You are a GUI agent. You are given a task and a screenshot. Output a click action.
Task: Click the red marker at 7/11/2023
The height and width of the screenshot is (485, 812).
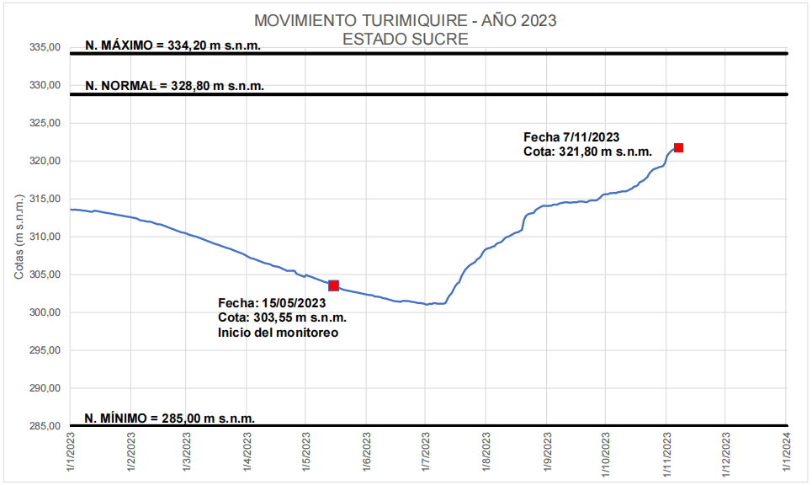[678, 148]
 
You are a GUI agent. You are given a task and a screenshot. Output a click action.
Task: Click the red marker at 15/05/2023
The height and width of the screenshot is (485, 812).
[334, 286]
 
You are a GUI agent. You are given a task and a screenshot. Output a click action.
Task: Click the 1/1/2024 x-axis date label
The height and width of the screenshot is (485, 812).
[786, 452]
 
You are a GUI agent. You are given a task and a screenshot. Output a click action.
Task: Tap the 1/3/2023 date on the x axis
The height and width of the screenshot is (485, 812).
[186, 452]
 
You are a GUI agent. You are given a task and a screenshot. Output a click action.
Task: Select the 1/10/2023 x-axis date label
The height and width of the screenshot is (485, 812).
[606, 452]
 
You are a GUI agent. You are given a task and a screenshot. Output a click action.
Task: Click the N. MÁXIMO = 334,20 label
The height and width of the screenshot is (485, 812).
[172, 45]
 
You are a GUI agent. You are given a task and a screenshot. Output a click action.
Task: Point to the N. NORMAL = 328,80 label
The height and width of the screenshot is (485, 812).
[174, 86]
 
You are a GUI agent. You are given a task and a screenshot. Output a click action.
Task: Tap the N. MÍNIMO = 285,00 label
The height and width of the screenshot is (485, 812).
[169, 418]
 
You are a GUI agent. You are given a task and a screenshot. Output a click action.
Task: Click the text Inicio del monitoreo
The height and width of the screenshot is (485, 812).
[278, 333]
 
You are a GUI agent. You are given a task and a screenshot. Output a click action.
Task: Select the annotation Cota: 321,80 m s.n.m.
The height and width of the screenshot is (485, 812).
[587, 152]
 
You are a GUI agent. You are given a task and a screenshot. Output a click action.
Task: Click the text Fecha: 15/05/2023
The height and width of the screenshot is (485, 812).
[271, 303]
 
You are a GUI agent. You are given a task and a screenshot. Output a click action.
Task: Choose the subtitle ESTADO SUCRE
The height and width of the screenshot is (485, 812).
[406, 39]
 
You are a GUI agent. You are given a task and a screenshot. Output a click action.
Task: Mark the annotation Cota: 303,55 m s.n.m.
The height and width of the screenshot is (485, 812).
[282, 318]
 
